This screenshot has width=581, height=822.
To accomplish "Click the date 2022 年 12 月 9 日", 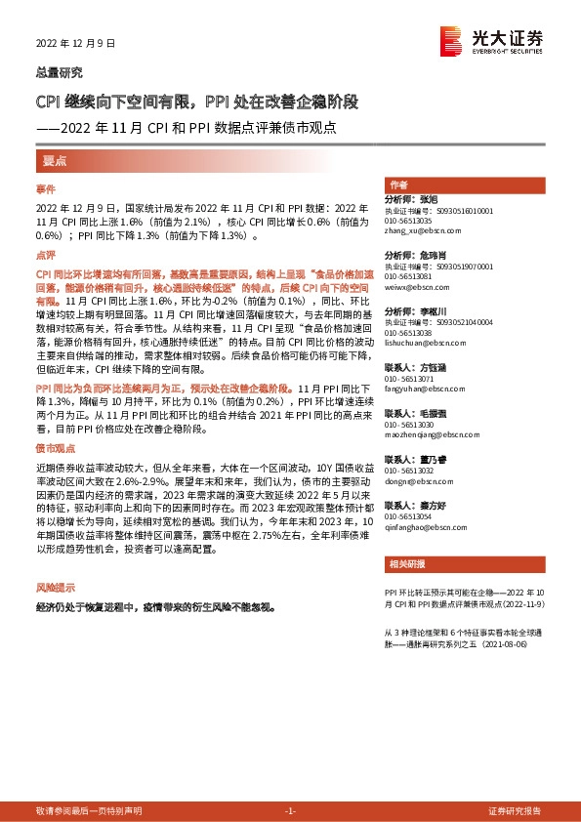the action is [x=75, y=44].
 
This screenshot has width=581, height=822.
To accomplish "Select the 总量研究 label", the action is [x=59, y=72].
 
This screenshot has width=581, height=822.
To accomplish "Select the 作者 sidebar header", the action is [x=398, y=185].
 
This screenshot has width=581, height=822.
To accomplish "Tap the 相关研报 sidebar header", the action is [x=405, y=563].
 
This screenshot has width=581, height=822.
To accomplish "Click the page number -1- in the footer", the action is [x=290, y=811].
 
